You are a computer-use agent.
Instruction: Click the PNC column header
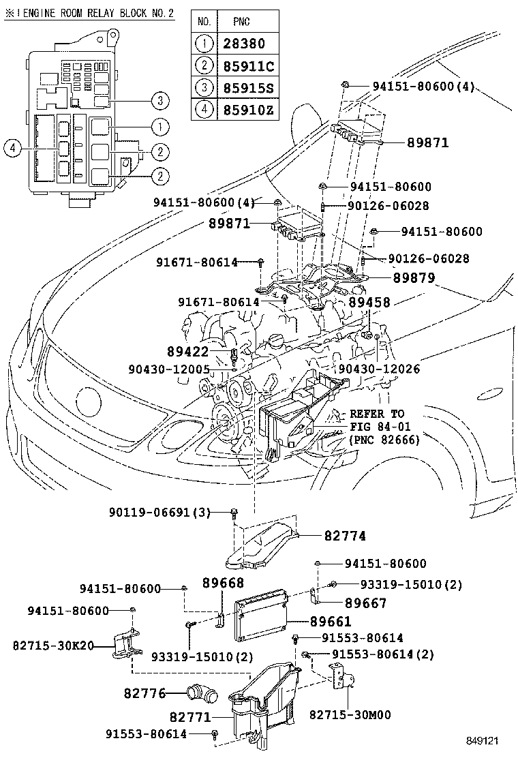tap(241, 22)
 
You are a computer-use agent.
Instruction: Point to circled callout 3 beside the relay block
tap(159, 102)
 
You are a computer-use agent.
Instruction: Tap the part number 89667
tap(366, 603)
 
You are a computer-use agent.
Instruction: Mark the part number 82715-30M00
tap(350, 714)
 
